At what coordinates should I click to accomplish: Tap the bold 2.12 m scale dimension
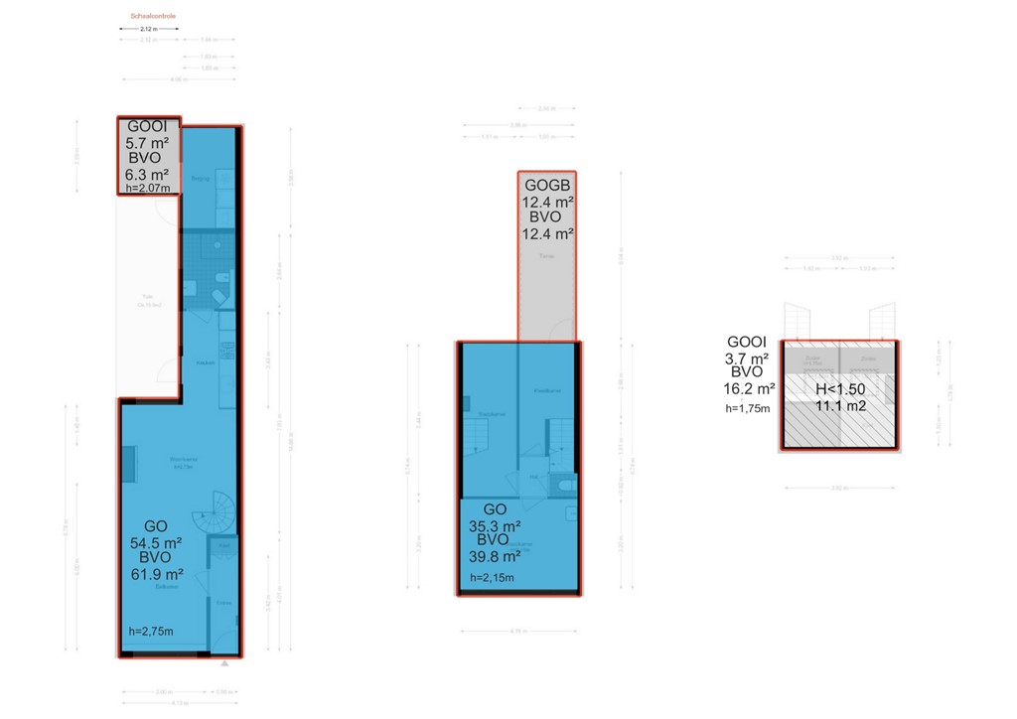tap(149, 30)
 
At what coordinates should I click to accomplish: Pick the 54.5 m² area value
tap(156, 543)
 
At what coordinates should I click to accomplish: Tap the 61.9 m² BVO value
tap(156, 573)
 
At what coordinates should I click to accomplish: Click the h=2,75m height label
tap(151, 632)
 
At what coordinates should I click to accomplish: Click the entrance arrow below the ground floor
tap(227, 662)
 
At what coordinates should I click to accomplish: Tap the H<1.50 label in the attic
tap(839, 388)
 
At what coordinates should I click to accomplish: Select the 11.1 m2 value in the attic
tap(839, 405)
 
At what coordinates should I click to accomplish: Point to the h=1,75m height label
tap(748, 408)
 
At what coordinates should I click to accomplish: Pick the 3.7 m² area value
tap(748, 358)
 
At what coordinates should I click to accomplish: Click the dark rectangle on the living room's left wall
tap(128, 464)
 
